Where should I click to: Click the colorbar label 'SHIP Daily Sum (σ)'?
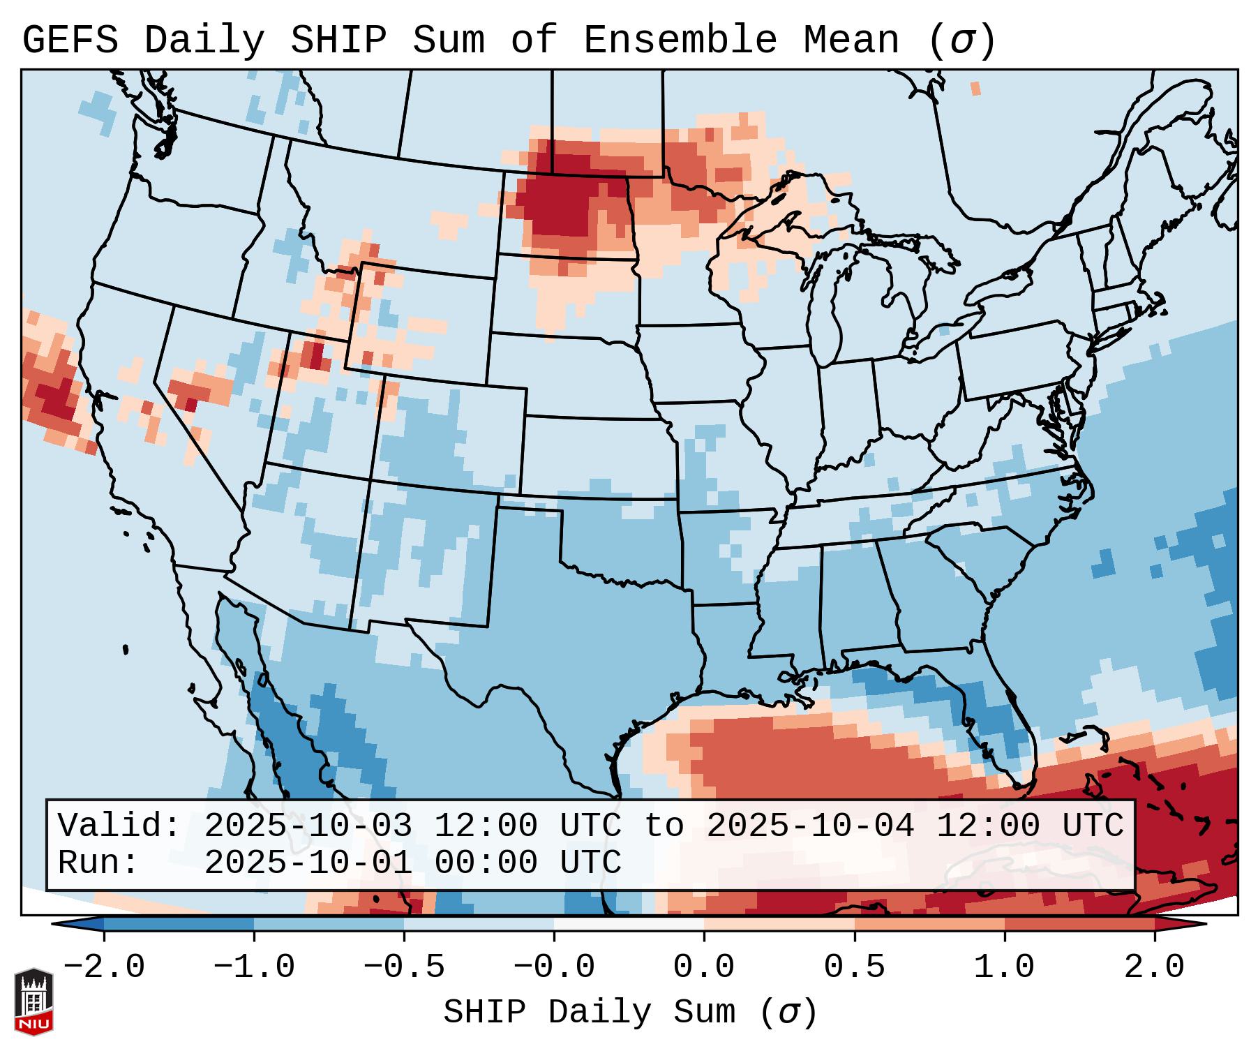[x=629, y=1013]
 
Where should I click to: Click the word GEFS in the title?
[x=70, y=40]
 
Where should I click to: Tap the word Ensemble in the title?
[x=680, y=40]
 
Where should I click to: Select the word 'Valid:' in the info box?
[x=119, y=826]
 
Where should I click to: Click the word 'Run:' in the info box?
[x=98, y=863]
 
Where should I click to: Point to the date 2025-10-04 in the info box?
[x=810, y=826]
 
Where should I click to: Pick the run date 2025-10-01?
[x=308, y=863]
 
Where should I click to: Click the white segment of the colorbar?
[x=629, y=924]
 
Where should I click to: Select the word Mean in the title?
[x=851, y=40]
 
